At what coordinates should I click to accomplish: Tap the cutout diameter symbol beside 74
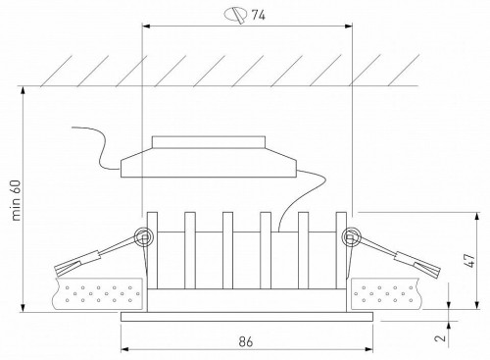click(x=234, y=14)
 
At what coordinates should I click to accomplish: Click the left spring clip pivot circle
click(x=144, y=236)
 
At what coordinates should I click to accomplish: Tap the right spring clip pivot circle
click(x=350, y=236)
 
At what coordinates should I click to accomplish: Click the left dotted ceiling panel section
click(x=99, y=291)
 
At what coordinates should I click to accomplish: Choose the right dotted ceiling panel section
click(x=391, y=291)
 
